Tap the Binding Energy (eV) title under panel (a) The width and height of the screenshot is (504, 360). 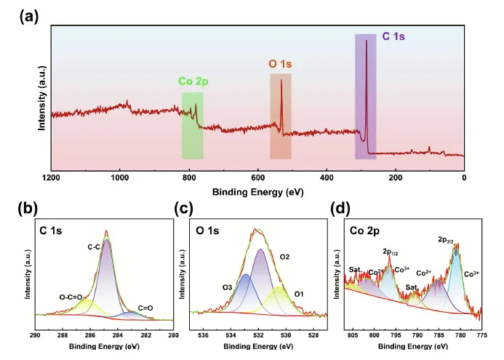(257, 193)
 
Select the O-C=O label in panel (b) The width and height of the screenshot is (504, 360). (72, 296)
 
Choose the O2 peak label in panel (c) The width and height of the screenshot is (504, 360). (284, 257)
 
